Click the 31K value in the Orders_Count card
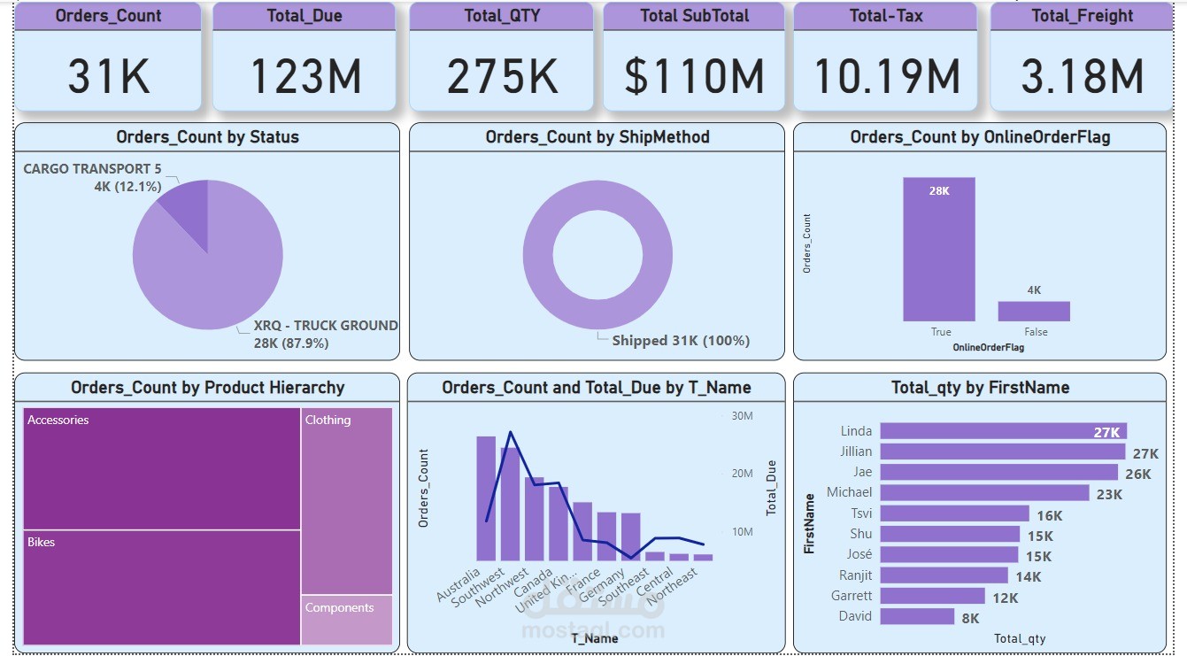pos(109,76)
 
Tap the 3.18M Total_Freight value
pos(1082,76)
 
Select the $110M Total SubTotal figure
pos(694,76)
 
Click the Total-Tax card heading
pos(885,16)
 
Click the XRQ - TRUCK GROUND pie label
pos(326,326)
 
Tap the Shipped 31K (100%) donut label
pos(681,341)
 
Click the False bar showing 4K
pos(1034,311)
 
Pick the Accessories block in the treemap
pos(162,468)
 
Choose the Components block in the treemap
pos(346,620)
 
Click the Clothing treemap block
pos(346,500)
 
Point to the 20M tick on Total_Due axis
pos(742,474)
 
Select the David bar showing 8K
pos(917,616)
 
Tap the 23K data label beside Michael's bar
pos(1109,495)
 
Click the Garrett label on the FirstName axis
pos(852,596)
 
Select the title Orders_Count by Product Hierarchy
pos(207,388)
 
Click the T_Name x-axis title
pos(595,638)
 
